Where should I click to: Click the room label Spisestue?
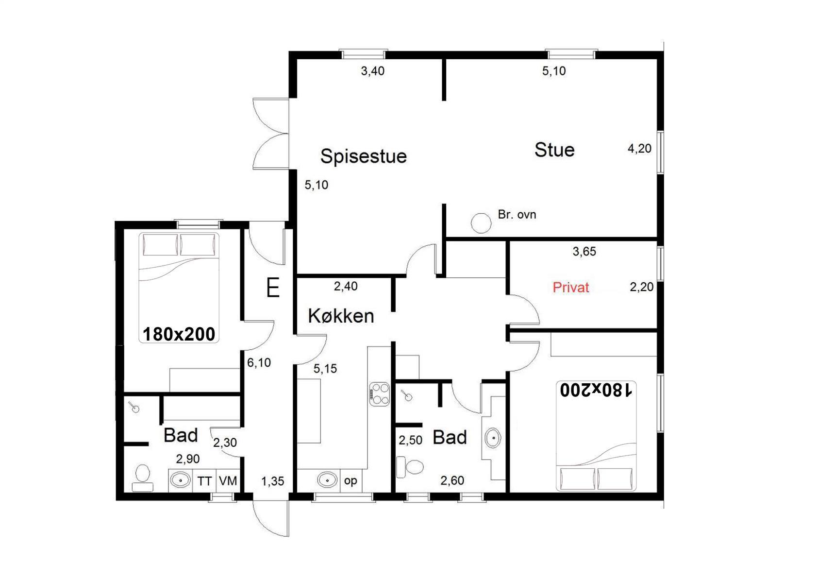pos(363,157)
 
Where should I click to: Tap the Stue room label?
pos(554,150)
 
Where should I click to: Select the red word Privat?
pos(571,288)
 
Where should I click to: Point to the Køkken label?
pos(341,316)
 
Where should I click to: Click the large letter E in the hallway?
pos(273,288)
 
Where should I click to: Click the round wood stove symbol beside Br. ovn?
pos(481,223)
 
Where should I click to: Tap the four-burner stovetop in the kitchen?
pos(380,394)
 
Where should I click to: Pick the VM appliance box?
pos(228,480)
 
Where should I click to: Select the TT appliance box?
pos(204,481)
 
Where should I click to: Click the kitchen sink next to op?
pos(327,479)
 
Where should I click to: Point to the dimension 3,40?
pos(372,71)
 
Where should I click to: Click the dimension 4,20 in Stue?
pos(639,148)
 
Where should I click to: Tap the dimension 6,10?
pos(259,362)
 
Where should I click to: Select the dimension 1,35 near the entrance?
pos(272,481)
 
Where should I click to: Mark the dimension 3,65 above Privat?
pos(584,252)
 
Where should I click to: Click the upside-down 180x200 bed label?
pos(596,390)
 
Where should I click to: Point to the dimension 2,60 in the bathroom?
pos(452,480)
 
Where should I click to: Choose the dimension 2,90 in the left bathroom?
pos(188,459)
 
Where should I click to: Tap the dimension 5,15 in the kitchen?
pos(325,369)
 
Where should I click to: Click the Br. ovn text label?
pos(517,215)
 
